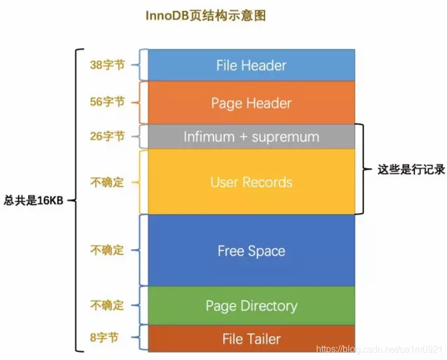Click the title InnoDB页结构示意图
[205, 16]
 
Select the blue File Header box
[251, 65]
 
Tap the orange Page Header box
[251, 103]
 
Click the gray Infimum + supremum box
[251, 137]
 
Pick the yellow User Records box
[251, 182]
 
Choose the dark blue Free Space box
[251, 251]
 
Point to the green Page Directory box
[251, 305]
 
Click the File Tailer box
[251, 338]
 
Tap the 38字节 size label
[107, 65]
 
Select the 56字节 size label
[107, 102]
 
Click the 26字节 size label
[107, 137]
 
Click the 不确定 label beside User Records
[107, 183]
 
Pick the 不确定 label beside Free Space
[107, 250]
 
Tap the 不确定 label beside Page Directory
[107, 305]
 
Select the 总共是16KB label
[33, 201]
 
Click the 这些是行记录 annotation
[411, 169]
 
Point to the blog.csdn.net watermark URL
[379, 349]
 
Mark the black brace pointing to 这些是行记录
[361, 169]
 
